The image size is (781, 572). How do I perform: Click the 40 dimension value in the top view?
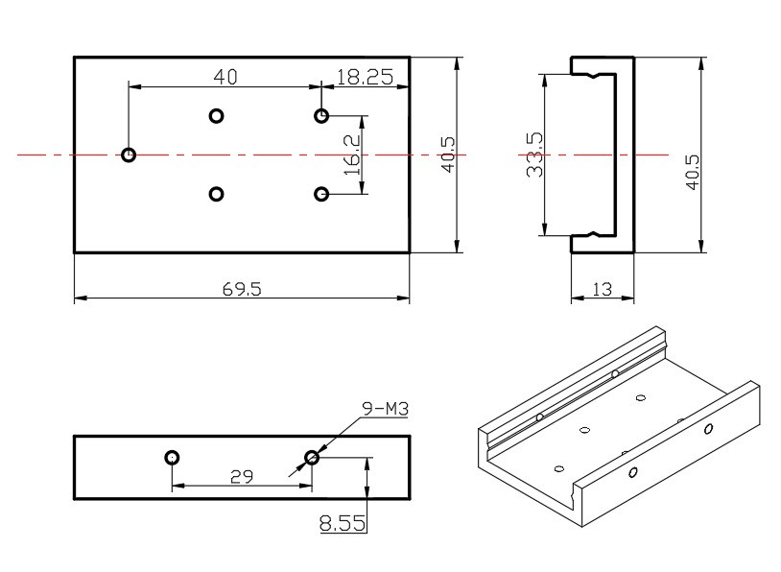[225, 76]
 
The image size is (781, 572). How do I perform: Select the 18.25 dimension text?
[364, 78]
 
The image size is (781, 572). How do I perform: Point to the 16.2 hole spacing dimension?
[352, 154]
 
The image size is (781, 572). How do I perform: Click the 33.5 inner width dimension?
[534, 154]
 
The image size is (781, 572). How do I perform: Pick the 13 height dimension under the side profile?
[603, 289]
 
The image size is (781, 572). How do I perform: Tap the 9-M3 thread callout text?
[385, 410]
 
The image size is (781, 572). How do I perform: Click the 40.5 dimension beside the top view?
[446, 154]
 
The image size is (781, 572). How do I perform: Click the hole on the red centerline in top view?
[129, 154]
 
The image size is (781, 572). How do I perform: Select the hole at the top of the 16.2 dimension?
[321, 116]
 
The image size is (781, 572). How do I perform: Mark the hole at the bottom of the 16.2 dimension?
[321, 194]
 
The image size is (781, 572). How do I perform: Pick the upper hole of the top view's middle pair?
[216, 116]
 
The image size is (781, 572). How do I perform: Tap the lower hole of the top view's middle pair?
[216, 194]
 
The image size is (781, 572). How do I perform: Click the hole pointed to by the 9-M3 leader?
[311, 457]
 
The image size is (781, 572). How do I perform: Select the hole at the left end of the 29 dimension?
[172, 457]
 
